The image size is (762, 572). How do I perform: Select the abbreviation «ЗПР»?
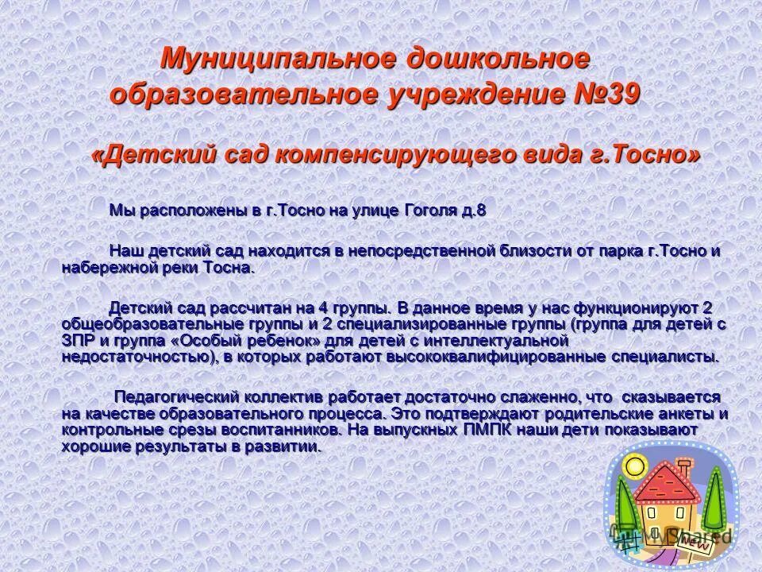pos(78,340)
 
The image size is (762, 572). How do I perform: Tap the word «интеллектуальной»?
pos(493,340)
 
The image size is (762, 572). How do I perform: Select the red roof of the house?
pos(665,485)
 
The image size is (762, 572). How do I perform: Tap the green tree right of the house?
pos(714,500)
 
